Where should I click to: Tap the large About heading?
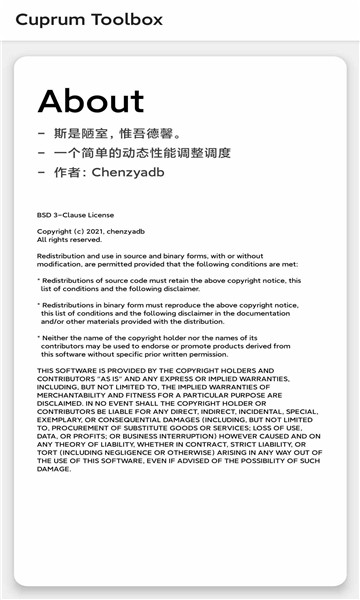point(91,101)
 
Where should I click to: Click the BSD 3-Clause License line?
point(76,215)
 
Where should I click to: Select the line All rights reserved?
point(69,240)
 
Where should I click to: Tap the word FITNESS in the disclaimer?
point(150,395)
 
